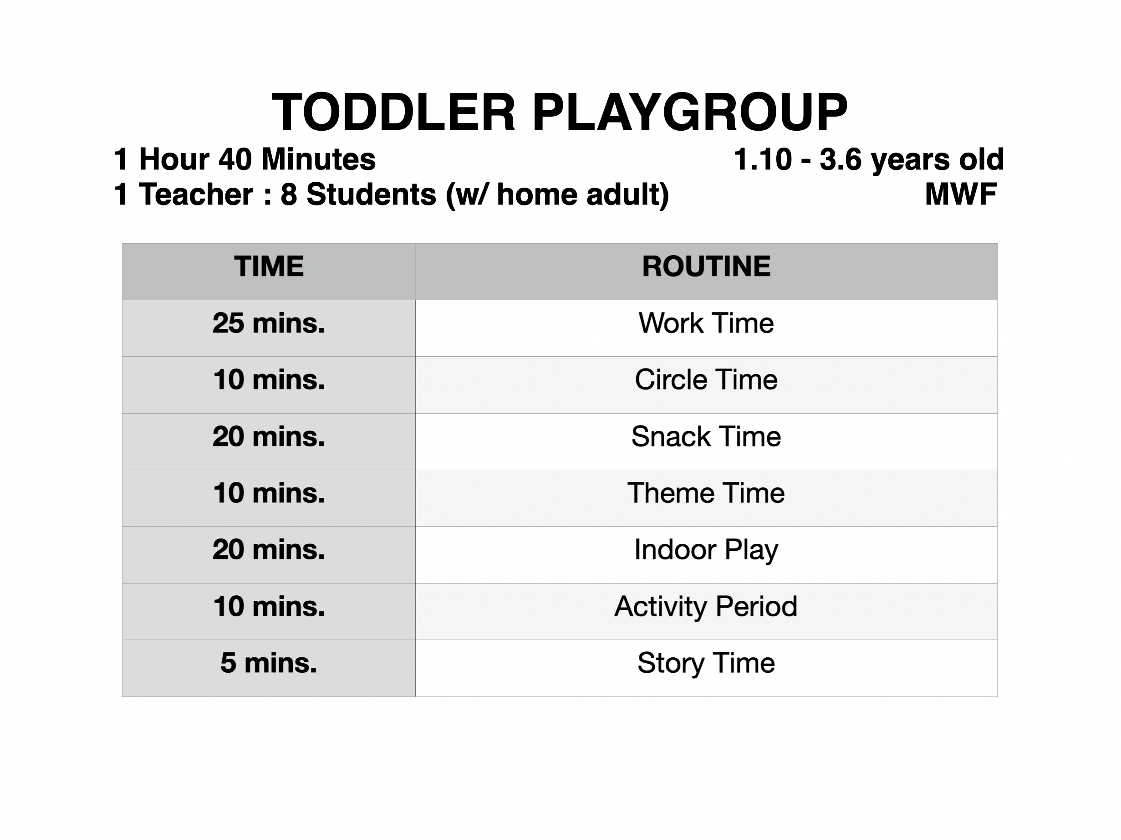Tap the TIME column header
[x=269, y=266]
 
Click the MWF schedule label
[x=961, y=194]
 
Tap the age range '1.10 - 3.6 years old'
[x=869, y=160]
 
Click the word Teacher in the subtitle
[x=196, y=194]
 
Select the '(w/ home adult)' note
[x=557, y=195]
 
